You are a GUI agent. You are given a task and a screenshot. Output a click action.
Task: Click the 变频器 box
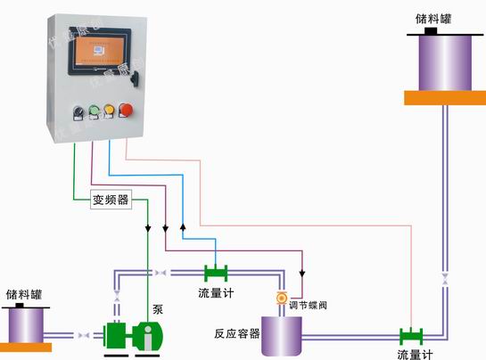point(111,200)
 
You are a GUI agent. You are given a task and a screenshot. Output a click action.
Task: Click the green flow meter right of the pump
point(216,273)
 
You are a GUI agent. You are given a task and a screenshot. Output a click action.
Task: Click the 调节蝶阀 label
point(309,306)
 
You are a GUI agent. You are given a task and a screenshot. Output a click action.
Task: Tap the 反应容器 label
point(236,333)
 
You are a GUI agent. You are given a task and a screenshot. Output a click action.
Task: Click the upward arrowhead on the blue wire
point(183,227)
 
